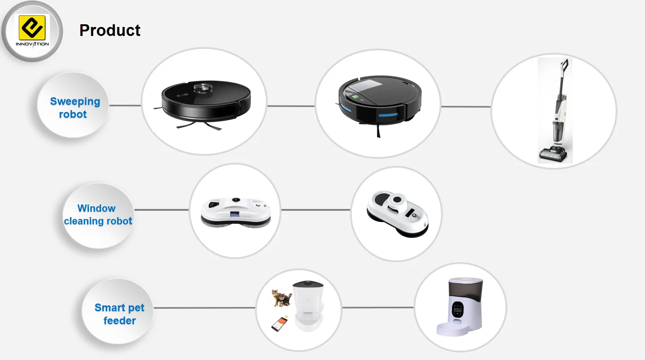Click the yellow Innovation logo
pyautogui.click(x=32, y=29)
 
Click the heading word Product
pyautogui.click(x=110, y=30)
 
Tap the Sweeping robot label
pyautogui.click(x=75, y=108)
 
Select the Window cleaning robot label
pyautogui.click(x=98, y=215)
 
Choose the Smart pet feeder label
pyautogui.click(x=119, y=314)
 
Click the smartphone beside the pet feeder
pyautogui.click(x=279, y=324)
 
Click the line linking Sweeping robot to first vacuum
pyautogui.click(x=125, y=106)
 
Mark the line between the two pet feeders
pyautogui.click(x=377, y=308)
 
